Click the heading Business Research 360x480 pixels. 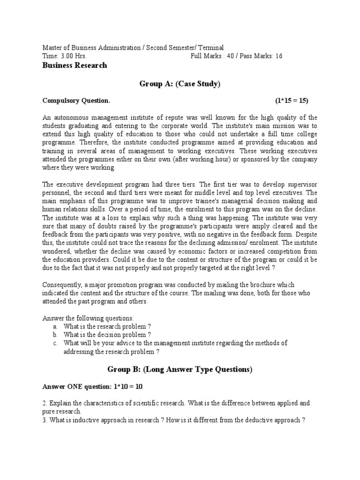point(75,66)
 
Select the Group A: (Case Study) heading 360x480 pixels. point(180,84)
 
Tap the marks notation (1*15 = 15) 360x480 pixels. point(292,101)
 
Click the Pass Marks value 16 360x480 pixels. point(279,56)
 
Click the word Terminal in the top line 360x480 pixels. point(210,48)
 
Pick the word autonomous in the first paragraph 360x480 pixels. point(72,117)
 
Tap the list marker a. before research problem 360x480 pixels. point(55,326)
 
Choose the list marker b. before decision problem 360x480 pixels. point(55,335)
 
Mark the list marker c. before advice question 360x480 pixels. point(55,343)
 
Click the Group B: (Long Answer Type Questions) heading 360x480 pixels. point(180,370)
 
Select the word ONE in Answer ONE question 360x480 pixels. point(75,387)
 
